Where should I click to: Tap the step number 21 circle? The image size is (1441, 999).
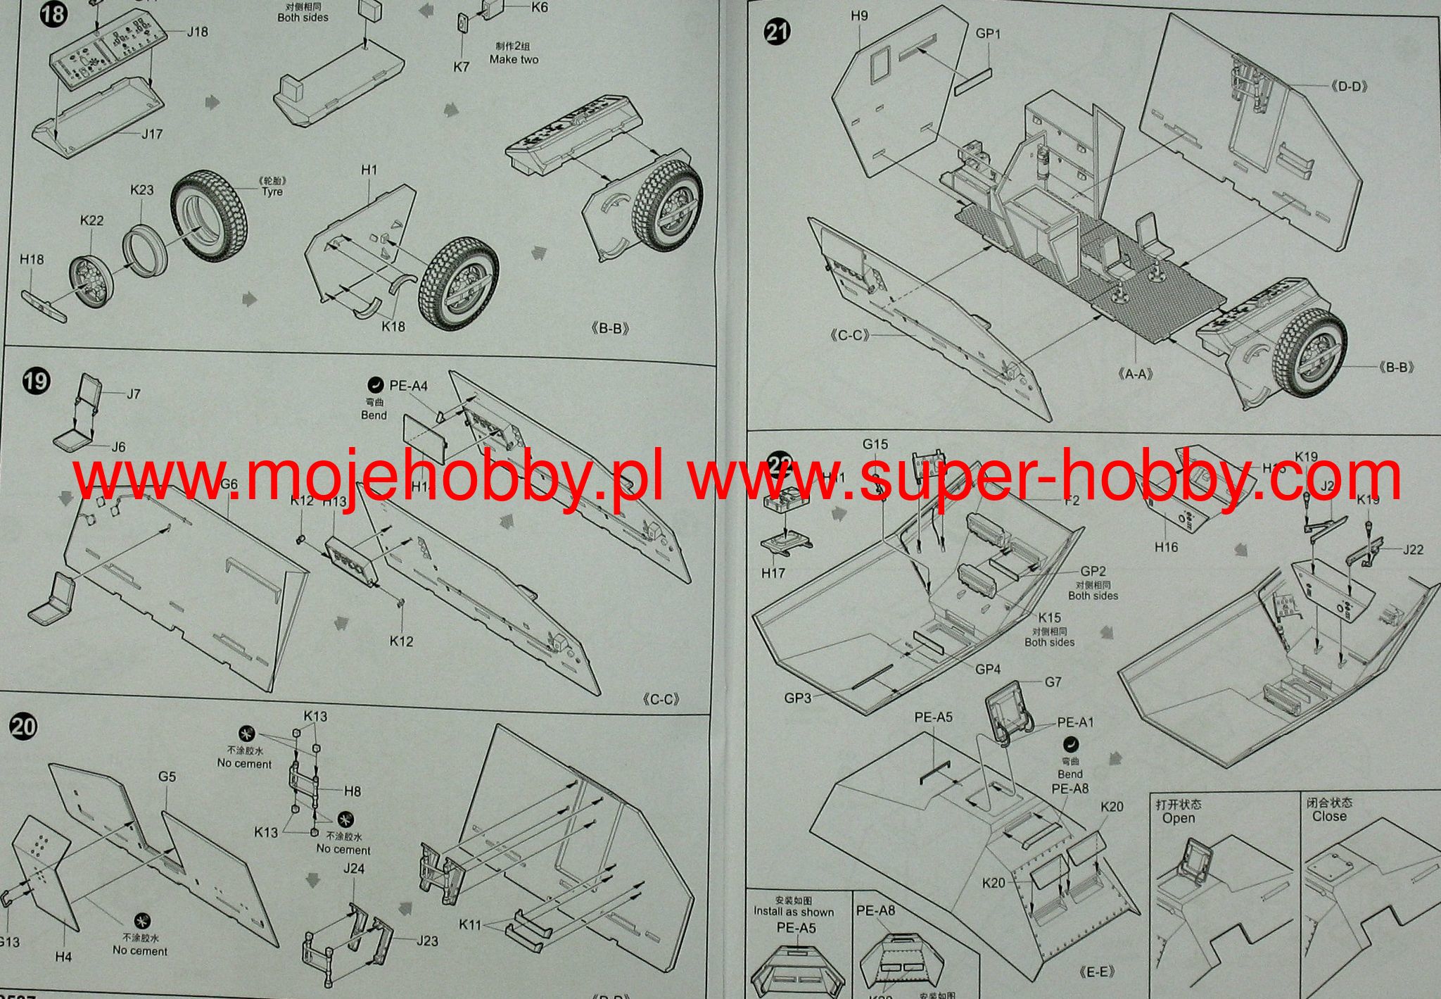pyautogui.click(x=777, y=32)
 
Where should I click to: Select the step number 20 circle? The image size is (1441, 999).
pyautogui.click(x=23, y=726)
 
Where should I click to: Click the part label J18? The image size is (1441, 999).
pyautogui.click(x=197, y=32)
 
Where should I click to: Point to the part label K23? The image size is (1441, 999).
pyautogui.click(x=142, y=190)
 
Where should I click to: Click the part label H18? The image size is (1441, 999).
pyautogui.click(x=32, y=259)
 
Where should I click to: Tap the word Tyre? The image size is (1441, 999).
pyautogui.click(x=272, y=191)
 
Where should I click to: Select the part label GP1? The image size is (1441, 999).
pyautogui.click(x=988, y=33)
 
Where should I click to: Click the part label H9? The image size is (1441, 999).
pyautogui.click(x=858, y=16)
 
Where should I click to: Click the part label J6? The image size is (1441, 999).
pyautogui.click(x=118, y=447)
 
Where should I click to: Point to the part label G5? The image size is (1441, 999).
pyautogui.click(x=167, y=777)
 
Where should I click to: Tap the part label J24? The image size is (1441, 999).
pyautogui.click(x=354, y=869)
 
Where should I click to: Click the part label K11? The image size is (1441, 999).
pyautogui.click(x=470, y=924)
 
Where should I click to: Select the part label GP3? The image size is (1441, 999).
pyautogui.click(x=798, y=698)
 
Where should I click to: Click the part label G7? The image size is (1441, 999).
pyautogui.click(x=1053, y=681)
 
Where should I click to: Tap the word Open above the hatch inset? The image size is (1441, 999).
pyautogui.click(x=1179, y=818)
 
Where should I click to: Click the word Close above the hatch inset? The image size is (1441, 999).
pyautogui.click(x=1329, y=817)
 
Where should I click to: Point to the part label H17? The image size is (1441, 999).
pyautogui.click(x=773, y=573)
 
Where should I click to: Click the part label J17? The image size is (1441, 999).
pyautogui.click(x=152, y=134)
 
